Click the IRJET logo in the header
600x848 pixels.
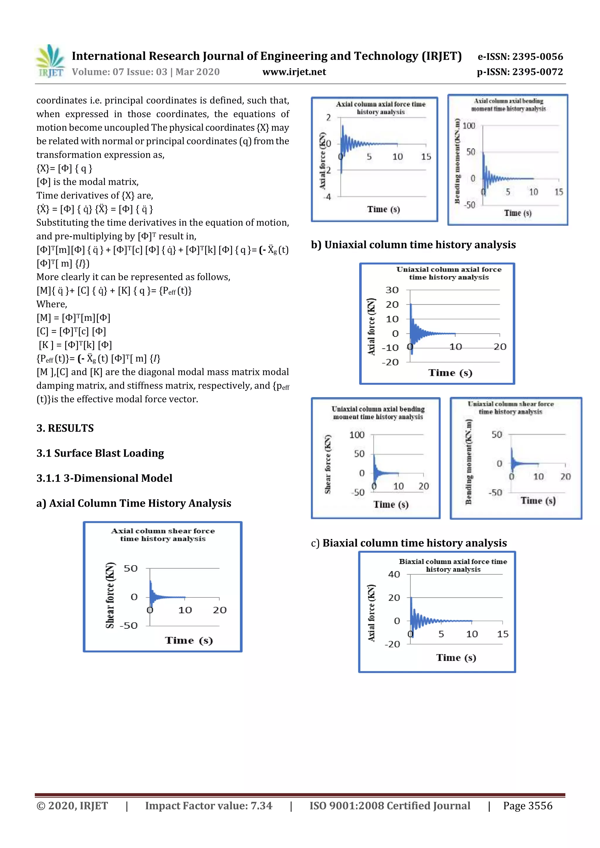[x=50, y=61]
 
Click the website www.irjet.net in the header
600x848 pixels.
[x=294, y=72]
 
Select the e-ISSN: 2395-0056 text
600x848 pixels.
[x=520, y=56]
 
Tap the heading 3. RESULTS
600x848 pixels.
[x=65, y=428]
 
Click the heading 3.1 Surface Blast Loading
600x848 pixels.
[x=100, y=453]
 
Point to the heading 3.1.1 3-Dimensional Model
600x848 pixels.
[x=104, y=478]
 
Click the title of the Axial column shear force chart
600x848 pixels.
[x=163, y=535]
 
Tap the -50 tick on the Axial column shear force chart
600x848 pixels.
[x=128, y=626]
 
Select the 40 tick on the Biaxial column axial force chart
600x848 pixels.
[x=394, y=574]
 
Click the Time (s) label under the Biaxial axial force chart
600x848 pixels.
[x=456, y=657]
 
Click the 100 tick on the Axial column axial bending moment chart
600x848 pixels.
[x=468, y=126]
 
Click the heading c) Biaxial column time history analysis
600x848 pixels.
[x=409, y=543]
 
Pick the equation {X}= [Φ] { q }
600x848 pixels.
[x=64, y=168]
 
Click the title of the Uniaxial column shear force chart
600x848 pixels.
[x=511, y=408]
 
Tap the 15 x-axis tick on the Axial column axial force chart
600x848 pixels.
[x=426, y=157]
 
